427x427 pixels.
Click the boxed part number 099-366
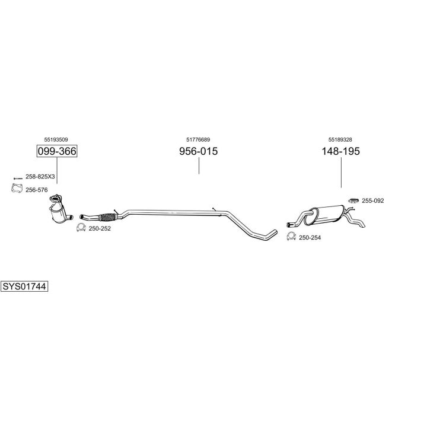click(x=57, y=151)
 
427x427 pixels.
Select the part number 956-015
click(x=199, y=151)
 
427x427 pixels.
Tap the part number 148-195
click(x=341, y=151)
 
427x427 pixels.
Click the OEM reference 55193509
click(x=56, y=139)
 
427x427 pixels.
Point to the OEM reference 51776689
click(x=198, y=139)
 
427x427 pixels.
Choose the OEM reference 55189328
click(x=340, y=139)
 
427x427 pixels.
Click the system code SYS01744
click(x=24, y=286)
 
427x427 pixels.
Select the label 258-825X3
click(x=40, y=177)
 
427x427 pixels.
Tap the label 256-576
click(x=37, y=190)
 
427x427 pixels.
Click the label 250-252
click(x=100, y=228)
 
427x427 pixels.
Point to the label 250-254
click(x=310, y=237)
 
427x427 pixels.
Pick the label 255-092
click(x=373, y=200)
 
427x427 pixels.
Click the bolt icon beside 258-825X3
click(x=18, y=177)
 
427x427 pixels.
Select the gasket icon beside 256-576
click(x=17, y=189)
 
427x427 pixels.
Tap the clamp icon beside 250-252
click(x=81, y=227)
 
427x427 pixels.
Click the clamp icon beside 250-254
click(x=291, y=237)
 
